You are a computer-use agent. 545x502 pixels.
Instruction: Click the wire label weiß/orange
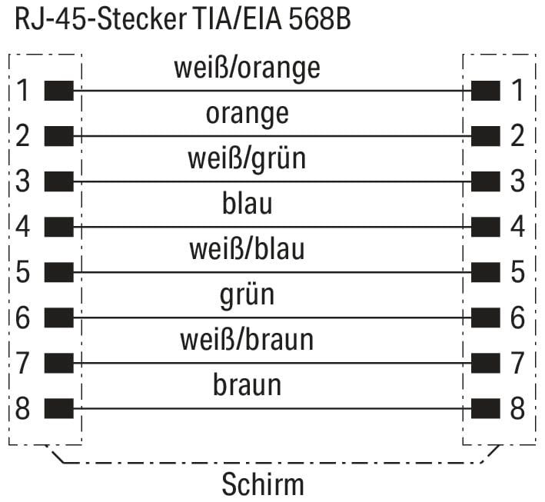(x=247, y=68)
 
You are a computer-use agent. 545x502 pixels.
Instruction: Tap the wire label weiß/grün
(x=247, y=159)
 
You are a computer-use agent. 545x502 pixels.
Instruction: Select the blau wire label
(x=247, y=203)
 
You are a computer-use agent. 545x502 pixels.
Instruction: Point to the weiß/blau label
(x=247, y=248)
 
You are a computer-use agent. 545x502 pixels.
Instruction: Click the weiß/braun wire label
(x=247, y=339)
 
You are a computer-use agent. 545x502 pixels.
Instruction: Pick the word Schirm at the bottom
(x=263, y=484)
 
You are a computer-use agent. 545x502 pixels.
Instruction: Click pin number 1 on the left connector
(x=22, y=91)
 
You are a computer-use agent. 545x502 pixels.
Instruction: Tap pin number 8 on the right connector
(x=517, y=408)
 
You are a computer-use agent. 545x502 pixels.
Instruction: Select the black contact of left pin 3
(x=59, y=181)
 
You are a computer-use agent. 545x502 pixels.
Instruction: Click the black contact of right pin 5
(x=486, y=272)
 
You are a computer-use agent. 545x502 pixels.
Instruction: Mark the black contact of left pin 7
(x=59, y=363)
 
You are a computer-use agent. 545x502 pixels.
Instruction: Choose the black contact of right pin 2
(x=486, y=136)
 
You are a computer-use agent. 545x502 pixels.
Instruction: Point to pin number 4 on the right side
(x=517, y=227)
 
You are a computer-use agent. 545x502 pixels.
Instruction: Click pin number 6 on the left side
(x=22, y=317)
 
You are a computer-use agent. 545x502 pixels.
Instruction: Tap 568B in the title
(x=320, y=18)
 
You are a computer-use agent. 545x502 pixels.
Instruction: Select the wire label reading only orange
(x=247, y=115)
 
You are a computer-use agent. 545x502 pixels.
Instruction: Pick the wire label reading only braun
(x=247, y=384)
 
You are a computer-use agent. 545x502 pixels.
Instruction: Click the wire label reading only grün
(x=247, y=295)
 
